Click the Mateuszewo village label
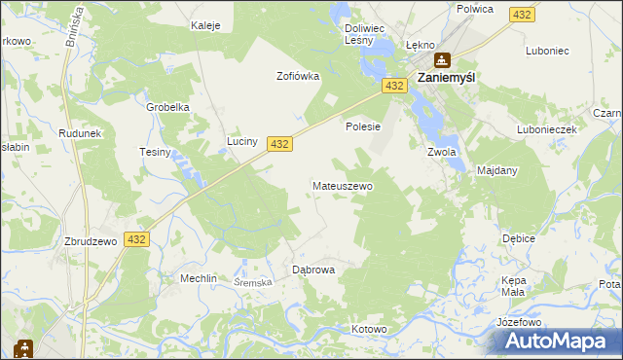tap(342, 185)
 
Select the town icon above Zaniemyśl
tap(443, 59)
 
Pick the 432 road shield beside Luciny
tap(280, 143)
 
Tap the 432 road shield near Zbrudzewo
tap(136, 238)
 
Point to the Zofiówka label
tap(298, 75)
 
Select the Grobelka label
tap(166, 107)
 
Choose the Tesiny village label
tap(156, 152)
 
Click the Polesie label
tap(362, 126)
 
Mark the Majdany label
tap(497, 170)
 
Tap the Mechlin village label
tap(198, 277)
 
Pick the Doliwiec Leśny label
tap(367, 35)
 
